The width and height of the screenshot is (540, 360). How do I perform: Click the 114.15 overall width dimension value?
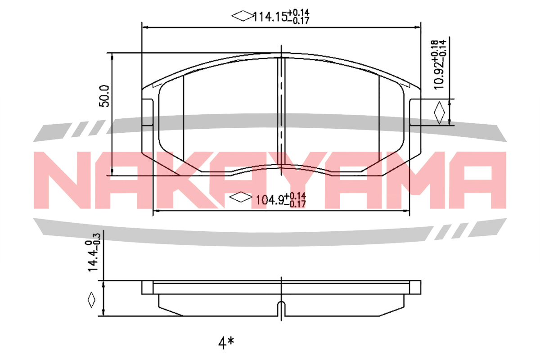click(270, 17)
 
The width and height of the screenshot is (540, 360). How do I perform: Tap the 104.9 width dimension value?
click(270, 200)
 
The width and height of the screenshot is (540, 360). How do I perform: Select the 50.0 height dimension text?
click(104, 96)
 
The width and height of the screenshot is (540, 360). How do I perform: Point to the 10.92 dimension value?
click(439, 75)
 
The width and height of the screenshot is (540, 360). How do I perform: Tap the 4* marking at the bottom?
click(226, 343)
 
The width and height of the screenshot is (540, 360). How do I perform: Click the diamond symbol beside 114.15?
click(243, 16)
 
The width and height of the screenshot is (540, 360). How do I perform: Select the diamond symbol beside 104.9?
click(240, 197)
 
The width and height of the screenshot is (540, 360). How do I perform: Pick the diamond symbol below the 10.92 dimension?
click(439, 112)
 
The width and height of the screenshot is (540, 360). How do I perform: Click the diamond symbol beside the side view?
click(91, 300)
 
